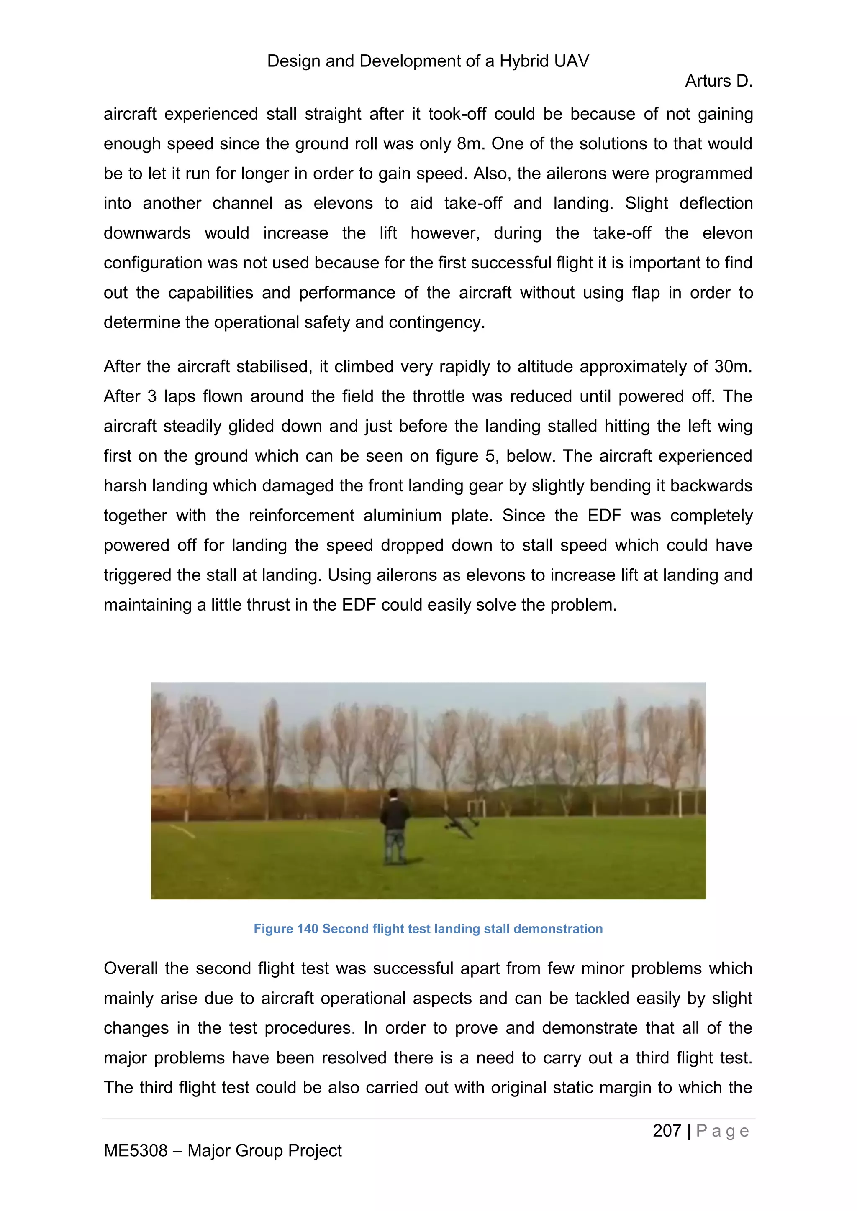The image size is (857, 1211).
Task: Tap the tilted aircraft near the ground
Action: coord(461,824)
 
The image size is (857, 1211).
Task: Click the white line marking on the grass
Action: coord(182,832)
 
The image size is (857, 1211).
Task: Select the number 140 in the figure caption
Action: coord(307,929)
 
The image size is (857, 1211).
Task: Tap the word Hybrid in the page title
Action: coord(522,61)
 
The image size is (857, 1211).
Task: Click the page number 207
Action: coord(667,1131)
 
